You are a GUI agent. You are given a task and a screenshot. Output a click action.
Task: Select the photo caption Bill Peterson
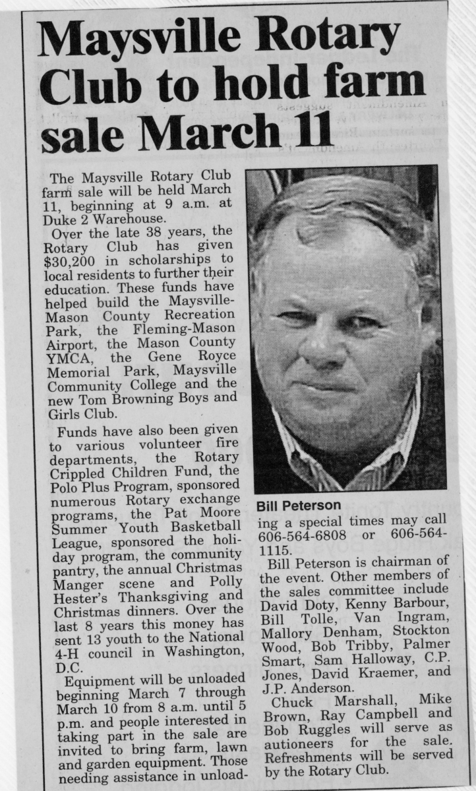point(298,506)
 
